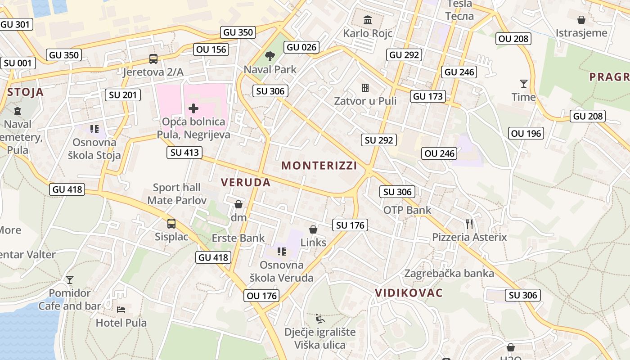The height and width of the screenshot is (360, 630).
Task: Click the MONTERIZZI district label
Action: [x=319, y=166]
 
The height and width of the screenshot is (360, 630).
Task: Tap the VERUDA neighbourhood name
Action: [x=246, y=182]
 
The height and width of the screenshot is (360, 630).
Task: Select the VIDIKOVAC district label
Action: [x=409, y=292]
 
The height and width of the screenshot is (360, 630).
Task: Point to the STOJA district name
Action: [x=26, y=92]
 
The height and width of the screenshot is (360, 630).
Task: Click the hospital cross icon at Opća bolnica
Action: [x=193, y=108]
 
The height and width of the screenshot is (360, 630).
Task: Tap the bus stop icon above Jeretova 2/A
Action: [x=153, y=59]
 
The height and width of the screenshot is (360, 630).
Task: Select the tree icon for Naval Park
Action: [x=270, y=56]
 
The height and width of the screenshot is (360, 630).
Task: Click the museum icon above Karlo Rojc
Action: [x=368, y=20]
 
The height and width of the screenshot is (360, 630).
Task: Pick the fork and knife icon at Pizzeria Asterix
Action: [x=469, y=224]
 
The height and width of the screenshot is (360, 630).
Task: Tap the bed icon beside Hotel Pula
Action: [x=121, y=310]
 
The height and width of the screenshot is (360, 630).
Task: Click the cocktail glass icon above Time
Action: [x=523, y=84]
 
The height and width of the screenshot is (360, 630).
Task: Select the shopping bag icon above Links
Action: [x=313, y=229]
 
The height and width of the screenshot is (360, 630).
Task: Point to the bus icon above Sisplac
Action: [x=171, y=223]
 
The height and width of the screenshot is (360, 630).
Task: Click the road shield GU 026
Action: [x=302, y=47]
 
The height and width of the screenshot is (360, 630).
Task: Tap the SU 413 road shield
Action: [x=184, y=153]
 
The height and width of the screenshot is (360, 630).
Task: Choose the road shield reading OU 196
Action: [x=526, y=133]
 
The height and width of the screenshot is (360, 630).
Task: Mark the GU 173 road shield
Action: [x=428, y=96]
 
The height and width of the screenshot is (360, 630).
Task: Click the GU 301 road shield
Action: [x=17, y=24]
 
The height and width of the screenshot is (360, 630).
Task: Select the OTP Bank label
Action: [x=407, y=210]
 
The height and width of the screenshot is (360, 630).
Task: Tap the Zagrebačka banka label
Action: [x=449, y=273]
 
